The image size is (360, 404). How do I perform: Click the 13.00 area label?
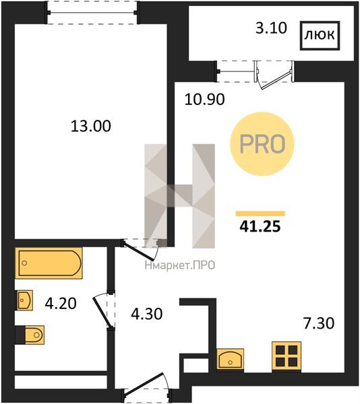coord(91,126)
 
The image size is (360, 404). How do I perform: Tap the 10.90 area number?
coord(204,99)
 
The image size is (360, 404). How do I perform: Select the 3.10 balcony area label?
coord(271,28)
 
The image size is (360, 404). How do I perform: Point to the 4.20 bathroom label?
coord(61,303)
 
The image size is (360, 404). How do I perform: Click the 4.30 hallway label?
coord(147,314)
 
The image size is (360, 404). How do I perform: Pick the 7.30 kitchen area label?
coord(319,323)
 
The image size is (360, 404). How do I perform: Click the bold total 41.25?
coord(260,227)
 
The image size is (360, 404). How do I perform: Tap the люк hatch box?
coord(320,35)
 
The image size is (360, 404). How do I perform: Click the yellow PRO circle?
coord(262,144)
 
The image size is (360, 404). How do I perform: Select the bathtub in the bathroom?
coord(49,263)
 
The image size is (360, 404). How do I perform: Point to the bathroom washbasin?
coord(24,300)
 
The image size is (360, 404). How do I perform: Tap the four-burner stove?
coord(287,356)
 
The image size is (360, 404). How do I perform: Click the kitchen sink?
coord(230,359)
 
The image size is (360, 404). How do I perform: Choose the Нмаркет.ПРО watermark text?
coord(180,265)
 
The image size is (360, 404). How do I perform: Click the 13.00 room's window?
coord(92,13)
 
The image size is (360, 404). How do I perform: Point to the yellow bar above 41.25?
coord(260,213)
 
